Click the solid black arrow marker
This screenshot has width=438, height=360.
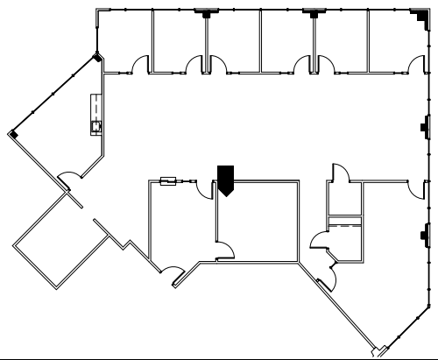(x=225, y=180)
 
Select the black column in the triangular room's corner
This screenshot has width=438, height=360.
(x=14, y=133)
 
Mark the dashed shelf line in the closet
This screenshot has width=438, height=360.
(x=343, y=226)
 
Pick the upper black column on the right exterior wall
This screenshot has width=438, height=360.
(x=425, y=127)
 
